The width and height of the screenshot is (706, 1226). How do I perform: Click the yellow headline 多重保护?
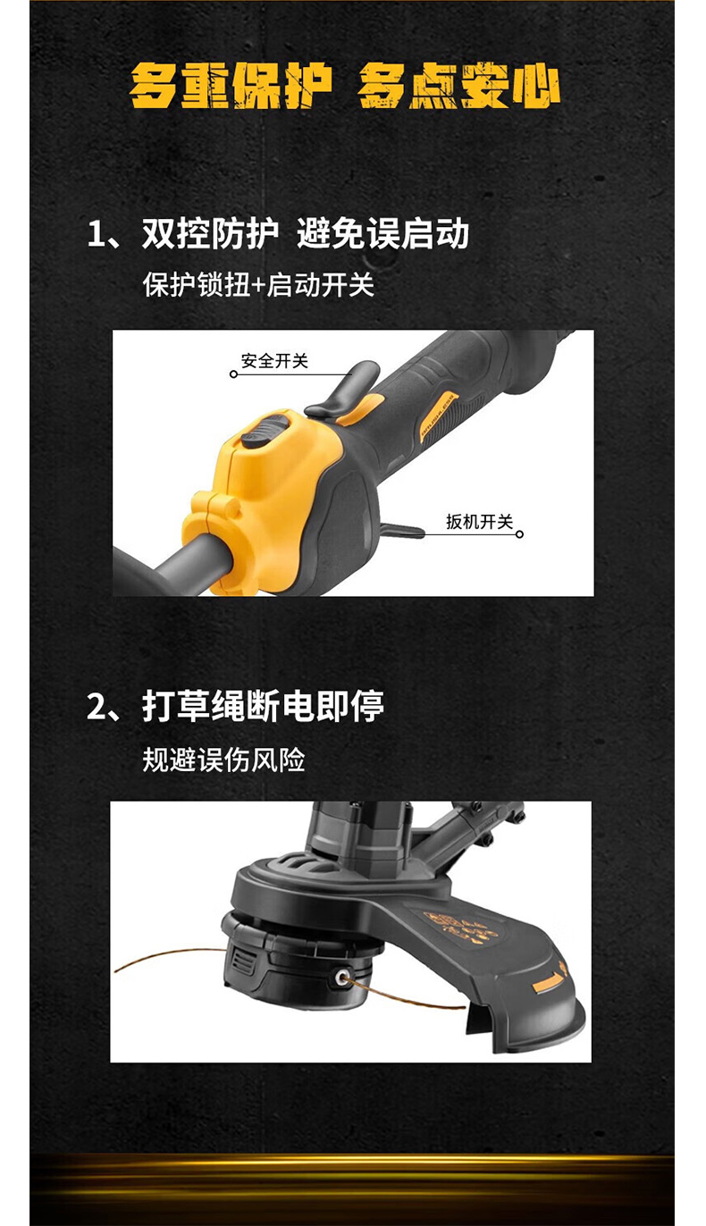[231, 85]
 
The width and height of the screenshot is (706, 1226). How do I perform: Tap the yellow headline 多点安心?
[458, 85]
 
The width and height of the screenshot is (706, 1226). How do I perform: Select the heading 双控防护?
[210, 234]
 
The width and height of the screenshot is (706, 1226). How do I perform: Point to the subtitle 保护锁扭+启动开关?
[258, 284]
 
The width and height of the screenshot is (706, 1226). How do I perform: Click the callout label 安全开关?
[274, 361]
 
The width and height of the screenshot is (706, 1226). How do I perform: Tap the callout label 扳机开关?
[479, 522]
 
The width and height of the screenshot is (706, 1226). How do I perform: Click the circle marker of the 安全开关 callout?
[233, 374]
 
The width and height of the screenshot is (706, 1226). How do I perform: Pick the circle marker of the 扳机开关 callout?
[519, 534]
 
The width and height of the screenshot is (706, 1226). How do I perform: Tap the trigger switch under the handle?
[401, 530]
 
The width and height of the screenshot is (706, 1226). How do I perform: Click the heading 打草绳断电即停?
[264, 706]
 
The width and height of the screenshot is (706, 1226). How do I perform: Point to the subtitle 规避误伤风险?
[223, 760]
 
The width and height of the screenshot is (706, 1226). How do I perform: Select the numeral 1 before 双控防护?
[97, 235]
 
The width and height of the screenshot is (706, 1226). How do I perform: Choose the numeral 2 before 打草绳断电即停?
[97, 707]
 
